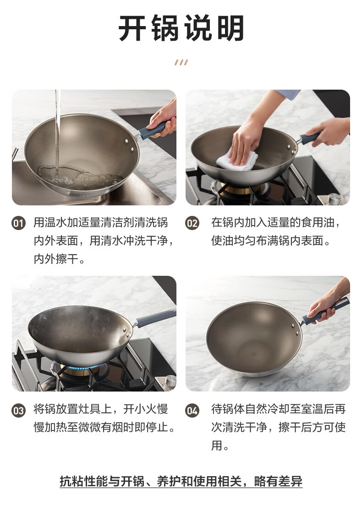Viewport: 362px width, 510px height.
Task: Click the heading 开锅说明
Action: [181, 28]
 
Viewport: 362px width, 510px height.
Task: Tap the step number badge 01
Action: [19, 224]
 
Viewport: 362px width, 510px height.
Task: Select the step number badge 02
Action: [192, 224]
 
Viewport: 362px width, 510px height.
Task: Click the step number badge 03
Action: [19, 410]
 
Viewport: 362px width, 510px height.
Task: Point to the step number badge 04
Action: [192, 410]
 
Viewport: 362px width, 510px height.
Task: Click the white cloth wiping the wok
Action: [236, 161]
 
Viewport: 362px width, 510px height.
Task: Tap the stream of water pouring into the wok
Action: [57, 130]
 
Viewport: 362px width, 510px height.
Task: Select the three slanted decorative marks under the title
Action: [181, 63]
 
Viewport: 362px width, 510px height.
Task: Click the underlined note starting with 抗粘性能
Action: [181, 481]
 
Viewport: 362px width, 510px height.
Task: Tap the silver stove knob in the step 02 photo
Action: [334, 199]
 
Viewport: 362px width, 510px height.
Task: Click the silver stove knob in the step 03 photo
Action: [170, 381]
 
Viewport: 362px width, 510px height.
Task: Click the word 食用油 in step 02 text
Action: [318, 222]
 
